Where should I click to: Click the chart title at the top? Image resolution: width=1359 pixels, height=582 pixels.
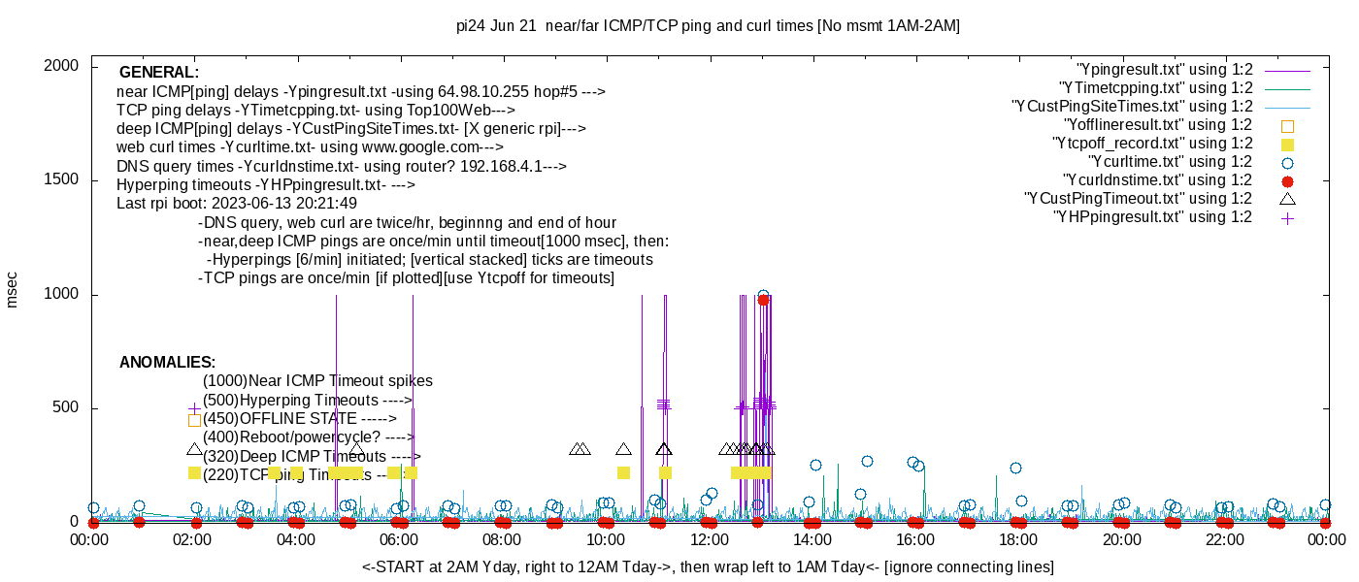coord(708,26)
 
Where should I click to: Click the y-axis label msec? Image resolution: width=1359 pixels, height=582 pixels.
coord(13,289)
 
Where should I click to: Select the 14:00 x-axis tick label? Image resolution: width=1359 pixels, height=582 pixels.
coord(812,539)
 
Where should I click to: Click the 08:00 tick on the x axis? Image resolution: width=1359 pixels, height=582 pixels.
coord(502,539)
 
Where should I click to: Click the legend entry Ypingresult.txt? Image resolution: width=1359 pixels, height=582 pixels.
coord(1164,70)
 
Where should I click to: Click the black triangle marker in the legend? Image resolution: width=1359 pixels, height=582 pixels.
coord(1287,199)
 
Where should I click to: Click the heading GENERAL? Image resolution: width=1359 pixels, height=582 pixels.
coord(159,73)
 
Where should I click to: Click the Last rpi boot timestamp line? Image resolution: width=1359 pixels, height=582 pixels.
coord(237,204)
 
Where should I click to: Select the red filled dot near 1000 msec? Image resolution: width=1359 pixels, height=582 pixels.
coord(763,300)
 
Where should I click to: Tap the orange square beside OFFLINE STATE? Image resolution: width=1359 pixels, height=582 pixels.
coord(194,420)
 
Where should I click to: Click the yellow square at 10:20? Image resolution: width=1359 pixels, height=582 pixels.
coord(623,472)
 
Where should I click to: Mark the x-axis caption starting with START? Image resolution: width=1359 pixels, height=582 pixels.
coord(708,566)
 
